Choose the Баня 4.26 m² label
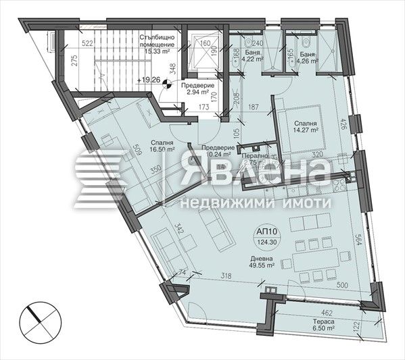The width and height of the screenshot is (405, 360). (308, 53)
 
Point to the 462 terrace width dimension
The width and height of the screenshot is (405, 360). (327, 313)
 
